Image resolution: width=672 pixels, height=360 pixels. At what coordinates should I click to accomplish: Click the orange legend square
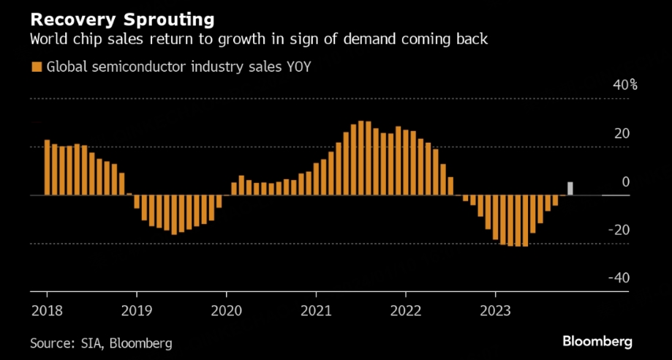(x=35, y=67)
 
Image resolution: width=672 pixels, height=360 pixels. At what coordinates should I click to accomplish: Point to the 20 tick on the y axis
(x=622, y=133)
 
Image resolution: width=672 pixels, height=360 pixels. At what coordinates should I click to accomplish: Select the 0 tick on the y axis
(x=625, y=181)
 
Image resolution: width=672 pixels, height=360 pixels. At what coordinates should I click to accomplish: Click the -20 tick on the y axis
(x=620, y=230)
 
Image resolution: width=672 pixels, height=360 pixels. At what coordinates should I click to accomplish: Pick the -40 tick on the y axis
(x=620, y=278)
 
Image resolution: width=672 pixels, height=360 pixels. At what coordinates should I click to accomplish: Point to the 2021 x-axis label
(x=316, y=310)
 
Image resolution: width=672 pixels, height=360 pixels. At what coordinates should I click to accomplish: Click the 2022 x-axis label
(x=406, y=310)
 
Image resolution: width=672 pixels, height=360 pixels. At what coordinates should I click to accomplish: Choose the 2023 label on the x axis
(x=496, y=310)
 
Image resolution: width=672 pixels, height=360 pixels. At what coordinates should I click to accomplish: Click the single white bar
(x=570, y=188)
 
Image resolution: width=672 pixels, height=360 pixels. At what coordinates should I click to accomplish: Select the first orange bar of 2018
(x=47, y=168)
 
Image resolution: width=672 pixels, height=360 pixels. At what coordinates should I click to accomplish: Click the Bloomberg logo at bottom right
(x=597, y=342)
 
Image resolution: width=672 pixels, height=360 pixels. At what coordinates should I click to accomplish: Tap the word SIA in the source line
(x=93, y=342)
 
